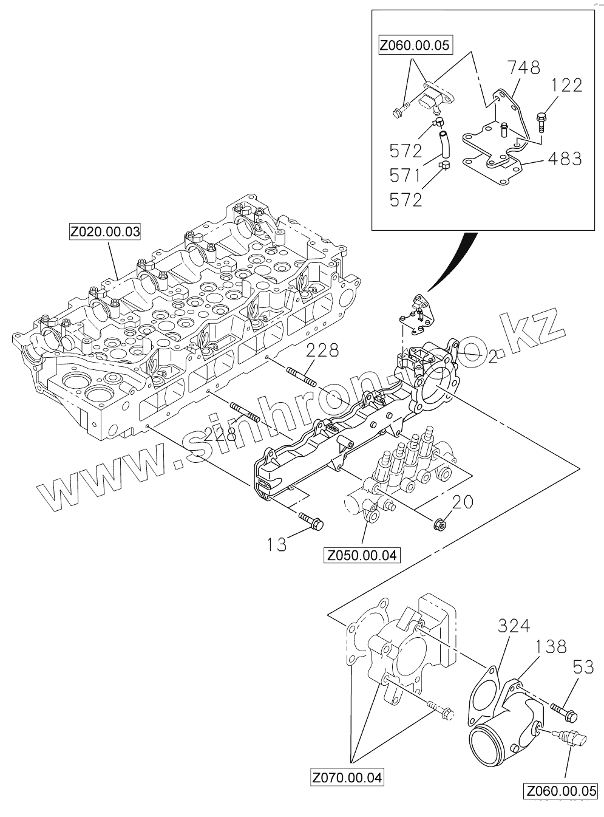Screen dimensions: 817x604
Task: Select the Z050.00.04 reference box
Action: (362, 555)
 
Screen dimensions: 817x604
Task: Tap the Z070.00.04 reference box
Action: (348, 778)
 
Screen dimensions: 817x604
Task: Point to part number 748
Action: (523, 67)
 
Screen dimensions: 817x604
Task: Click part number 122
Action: (566, 85)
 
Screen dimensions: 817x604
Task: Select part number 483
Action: (565, 159)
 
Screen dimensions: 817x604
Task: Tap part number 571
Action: (405, 176)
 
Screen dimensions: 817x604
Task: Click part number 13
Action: (277, 544)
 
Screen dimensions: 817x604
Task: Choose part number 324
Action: (514, 626)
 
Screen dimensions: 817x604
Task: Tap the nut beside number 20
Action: (441, 522)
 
